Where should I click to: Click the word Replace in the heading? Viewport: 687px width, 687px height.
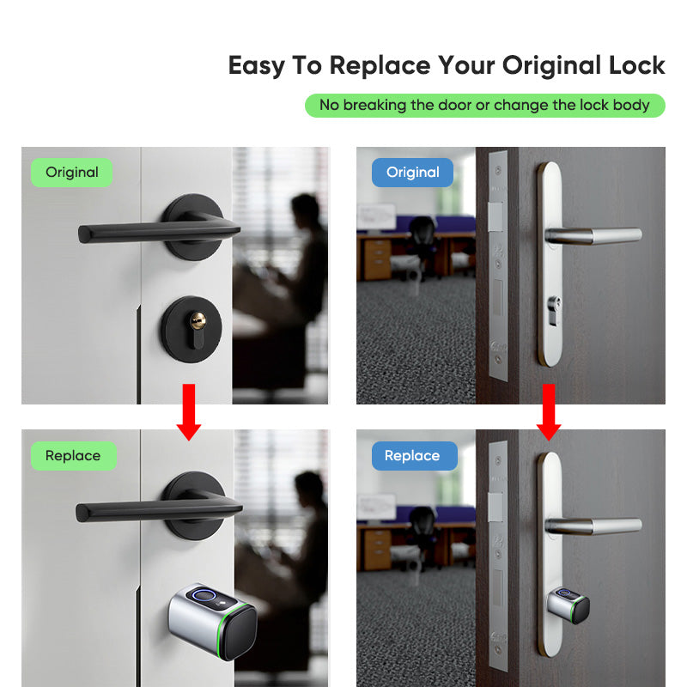(380, 65)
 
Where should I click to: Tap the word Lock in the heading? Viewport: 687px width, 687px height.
(634, 65)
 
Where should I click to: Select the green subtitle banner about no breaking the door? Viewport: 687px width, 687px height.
(484, 106)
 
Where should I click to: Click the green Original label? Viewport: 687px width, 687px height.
(72, 172)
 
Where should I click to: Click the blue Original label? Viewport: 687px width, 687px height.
(412, 172)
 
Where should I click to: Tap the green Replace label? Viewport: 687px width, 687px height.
(72, 455)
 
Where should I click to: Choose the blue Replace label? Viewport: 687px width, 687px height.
(412, 455)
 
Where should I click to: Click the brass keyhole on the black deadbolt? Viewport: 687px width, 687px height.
(198, 322)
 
